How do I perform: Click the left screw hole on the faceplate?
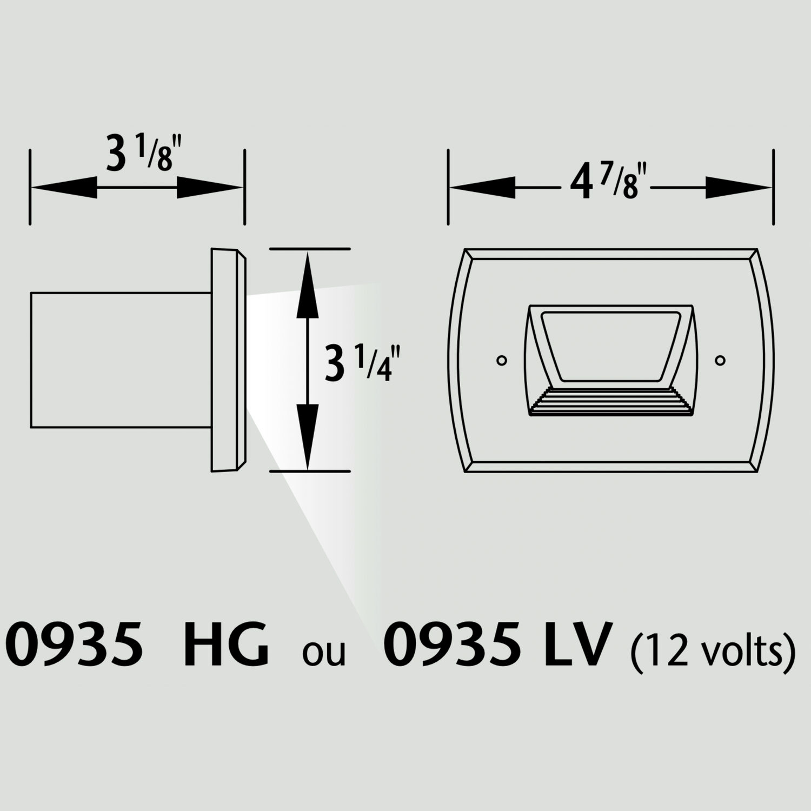tap(502, 360)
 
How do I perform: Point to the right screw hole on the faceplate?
tap(720, 360)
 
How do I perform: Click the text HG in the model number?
tap(226, 645)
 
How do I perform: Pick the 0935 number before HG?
tap(75, 645)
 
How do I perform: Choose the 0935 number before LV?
tap(450, 645)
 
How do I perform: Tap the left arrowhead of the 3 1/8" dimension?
tap(65, 188)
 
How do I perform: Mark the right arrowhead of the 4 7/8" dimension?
tap(739, 188)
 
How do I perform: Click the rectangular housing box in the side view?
tap(121, 361)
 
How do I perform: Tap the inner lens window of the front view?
tap(611, 346)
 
